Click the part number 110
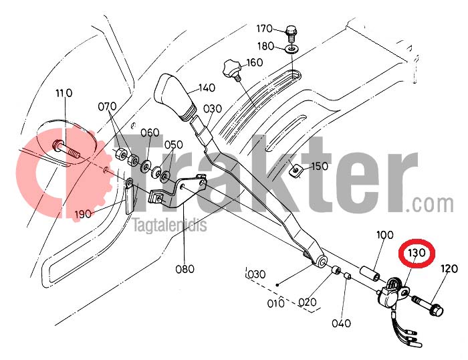pyautogui.click(x=64, y=93)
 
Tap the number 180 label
pyautogui.click(x=265, y=46)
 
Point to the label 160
pyautogui.click(x=254, y=63)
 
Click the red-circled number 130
pyautogui.click(x=417, y=253)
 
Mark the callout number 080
pyautogui.click(x=185, y=269)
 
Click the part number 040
pyautogui.click(x=341, y=323)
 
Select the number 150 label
pyautogui.click(x=320, y=166)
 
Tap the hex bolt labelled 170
pyautogui.click(x=290, y=31)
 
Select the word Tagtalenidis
pyautogui.click(x=170, y=226)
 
